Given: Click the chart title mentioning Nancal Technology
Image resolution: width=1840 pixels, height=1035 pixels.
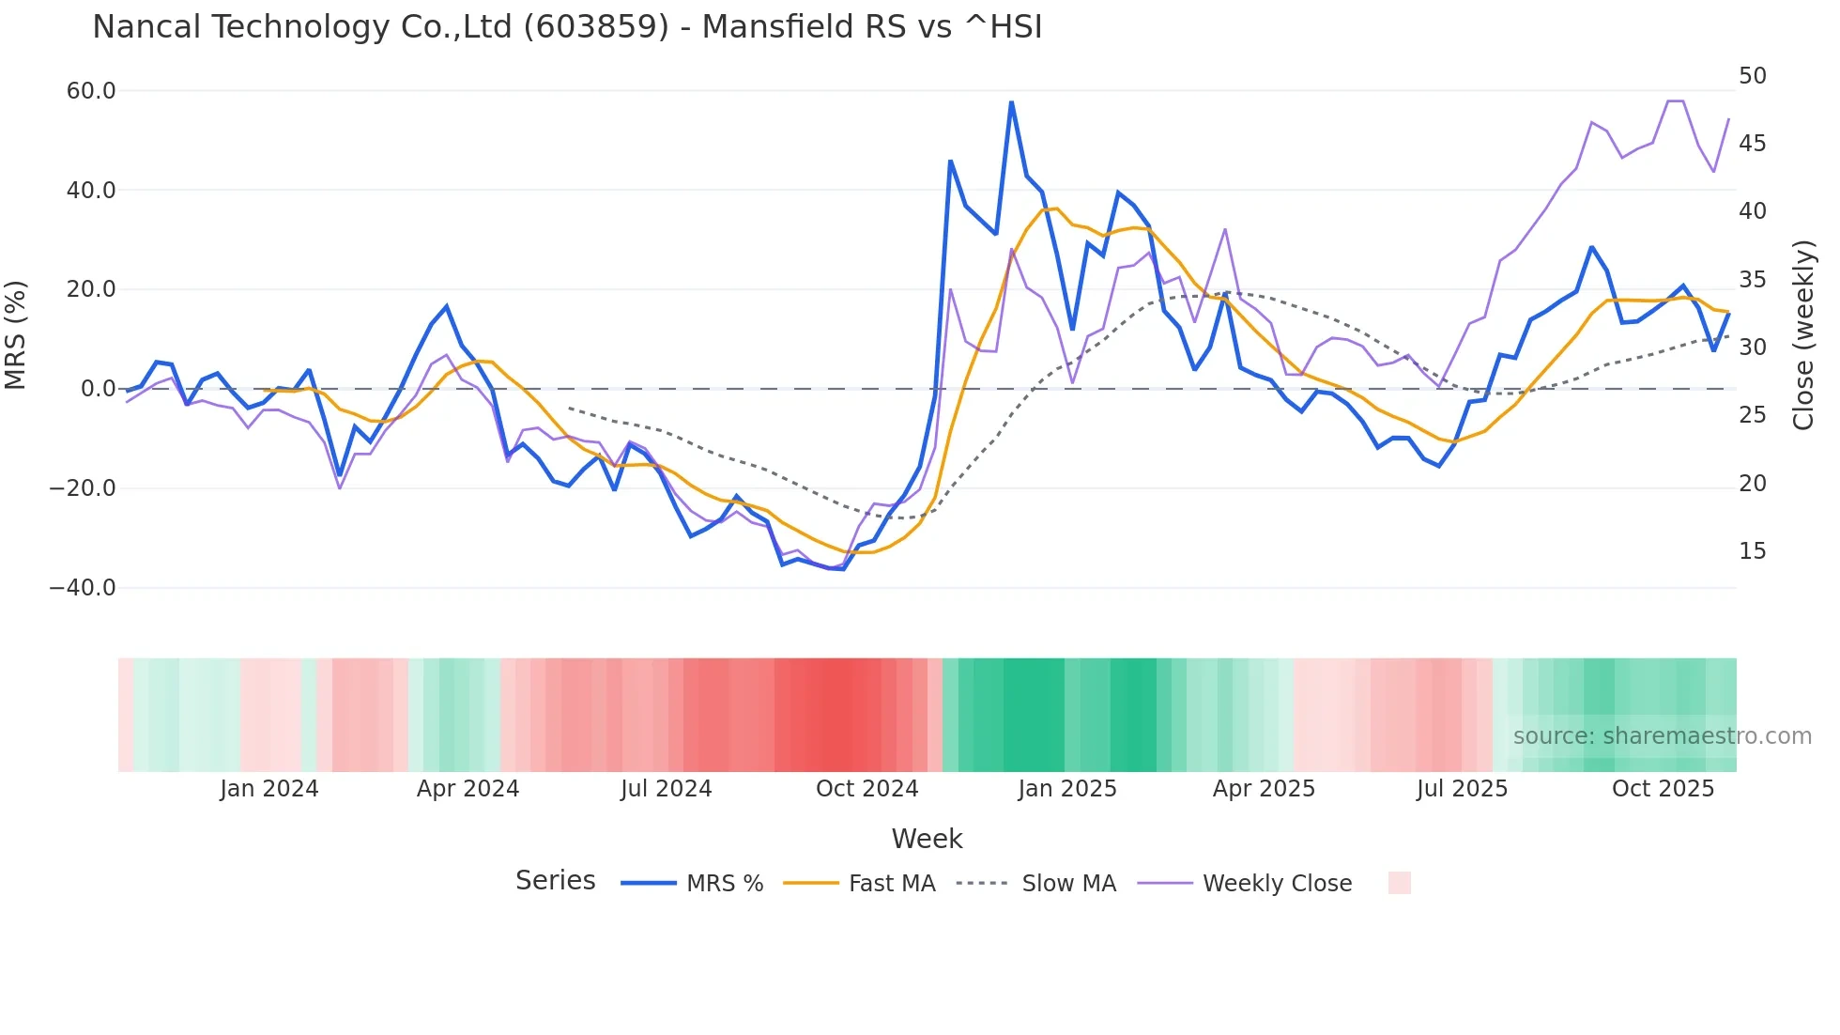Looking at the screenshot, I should (567, 27).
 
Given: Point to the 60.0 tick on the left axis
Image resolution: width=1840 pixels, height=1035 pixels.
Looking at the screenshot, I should (91, 91).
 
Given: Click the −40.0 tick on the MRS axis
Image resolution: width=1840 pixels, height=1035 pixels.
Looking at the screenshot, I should (83, 588).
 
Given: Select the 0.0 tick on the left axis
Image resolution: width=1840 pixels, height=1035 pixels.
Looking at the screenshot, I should (98, 389).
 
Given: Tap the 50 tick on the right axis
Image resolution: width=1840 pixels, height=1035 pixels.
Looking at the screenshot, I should (1753, 76).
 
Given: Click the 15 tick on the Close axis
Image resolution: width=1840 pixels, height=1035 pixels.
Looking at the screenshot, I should (1753, 551).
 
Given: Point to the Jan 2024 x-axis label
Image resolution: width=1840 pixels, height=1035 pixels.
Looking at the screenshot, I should (269, 789).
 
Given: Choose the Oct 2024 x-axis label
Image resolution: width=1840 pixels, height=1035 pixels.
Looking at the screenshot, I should (866, 789).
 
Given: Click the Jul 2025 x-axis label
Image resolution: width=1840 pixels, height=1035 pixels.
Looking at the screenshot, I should (1462, 789).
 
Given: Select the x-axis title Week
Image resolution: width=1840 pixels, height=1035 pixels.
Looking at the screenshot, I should (927, 839).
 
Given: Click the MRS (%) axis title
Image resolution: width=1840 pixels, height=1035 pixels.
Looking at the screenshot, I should (16, 335).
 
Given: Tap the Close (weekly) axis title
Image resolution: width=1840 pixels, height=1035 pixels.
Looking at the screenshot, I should (1802, 335).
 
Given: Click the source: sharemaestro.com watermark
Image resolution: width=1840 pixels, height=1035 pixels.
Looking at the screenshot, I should (1662, 736).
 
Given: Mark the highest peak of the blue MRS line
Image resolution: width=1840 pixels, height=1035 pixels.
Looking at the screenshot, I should (1011, 101).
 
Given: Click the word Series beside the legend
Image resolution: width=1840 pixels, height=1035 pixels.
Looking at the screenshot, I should (555, 881).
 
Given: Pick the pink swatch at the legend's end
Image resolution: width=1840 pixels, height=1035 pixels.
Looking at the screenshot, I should (1399, 883).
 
